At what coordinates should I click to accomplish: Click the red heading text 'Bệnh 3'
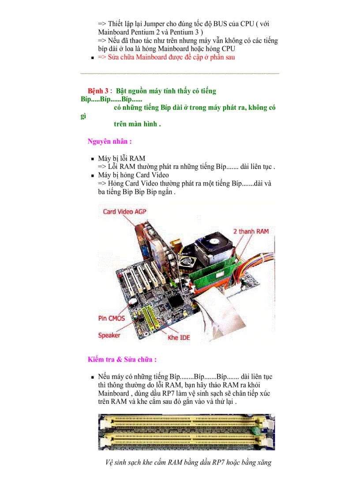(x=97, y=91)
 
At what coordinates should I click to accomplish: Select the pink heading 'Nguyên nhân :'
(x=109, y=141)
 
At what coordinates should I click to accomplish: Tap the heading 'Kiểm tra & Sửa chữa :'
(x=122, y=359)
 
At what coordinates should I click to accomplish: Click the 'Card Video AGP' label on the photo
(x=124, y=212)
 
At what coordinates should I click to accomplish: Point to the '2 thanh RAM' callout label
(x=251, y=231)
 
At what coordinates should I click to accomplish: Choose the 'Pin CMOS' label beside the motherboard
(x=111, y=318)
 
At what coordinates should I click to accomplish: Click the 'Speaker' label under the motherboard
(x=109, y=335)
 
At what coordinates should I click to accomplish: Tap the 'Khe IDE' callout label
(x=179, y=338)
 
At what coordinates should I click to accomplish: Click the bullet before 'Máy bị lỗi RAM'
(x=93, y=159)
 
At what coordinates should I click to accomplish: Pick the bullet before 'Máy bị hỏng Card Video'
(x=93, y=175)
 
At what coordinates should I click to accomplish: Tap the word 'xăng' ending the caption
(x=262, y=462)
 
